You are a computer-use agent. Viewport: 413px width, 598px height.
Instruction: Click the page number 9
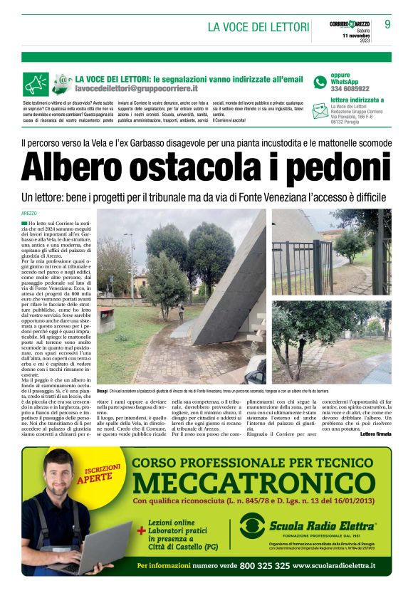[387, 24]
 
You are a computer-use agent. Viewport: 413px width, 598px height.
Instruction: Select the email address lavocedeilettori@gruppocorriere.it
[137, 88]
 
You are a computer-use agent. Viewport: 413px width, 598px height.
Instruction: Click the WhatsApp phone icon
[320, 83]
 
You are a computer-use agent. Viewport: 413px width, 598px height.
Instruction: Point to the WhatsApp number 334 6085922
[350, 89]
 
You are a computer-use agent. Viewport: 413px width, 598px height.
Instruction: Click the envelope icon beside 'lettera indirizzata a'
[320, 111]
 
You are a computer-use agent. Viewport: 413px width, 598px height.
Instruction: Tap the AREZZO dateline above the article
[29, 214]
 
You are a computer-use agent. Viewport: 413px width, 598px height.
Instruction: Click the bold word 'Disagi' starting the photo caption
[103, 391]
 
